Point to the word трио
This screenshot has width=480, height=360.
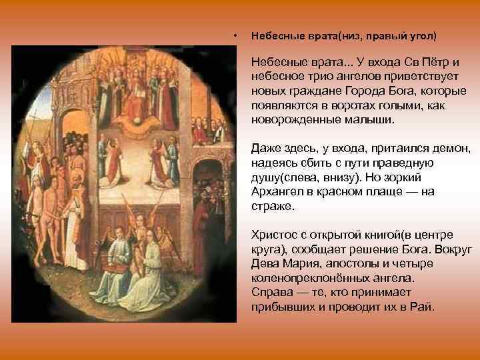[312, 76]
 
